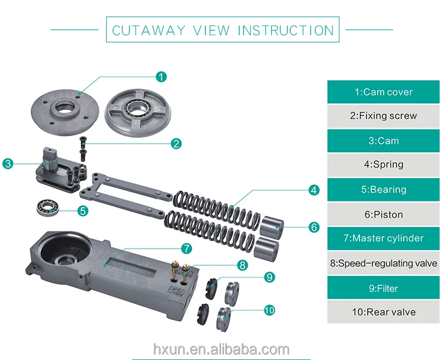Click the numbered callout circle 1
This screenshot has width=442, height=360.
coord(161,76)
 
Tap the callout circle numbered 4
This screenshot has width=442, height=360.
coord(314,190)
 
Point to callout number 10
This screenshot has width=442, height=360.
coord(269,310)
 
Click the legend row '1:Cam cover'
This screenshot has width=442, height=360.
coord(383,92)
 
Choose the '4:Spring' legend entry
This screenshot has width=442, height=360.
coord(383,165)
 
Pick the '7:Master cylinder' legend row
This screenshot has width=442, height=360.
coord(383,239)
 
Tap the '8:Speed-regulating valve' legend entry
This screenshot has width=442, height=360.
coord(383,263)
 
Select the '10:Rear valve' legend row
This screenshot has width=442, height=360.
coord(383,312)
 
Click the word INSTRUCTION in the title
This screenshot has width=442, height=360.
coord(285,30)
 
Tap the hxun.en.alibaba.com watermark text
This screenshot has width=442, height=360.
coord(221,349)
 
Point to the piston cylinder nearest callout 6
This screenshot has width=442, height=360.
coord(272,227)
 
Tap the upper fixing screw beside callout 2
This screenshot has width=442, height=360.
coord(83,141)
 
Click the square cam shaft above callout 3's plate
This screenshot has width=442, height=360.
coord(49,156)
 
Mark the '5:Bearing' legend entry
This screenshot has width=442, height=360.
coord(383,190)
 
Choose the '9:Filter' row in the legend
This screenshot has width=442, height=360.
coord(383,288)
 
